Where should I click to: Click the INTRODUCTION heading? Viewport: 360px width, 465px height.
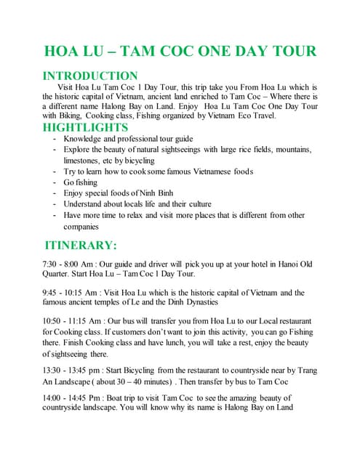tap(90, 76)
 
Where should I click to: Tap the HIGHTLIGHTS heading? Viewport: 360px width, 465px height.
tap(85, 127)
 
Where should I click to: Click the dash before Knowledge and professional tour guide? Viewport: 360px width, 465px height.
tap(55, 139)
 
